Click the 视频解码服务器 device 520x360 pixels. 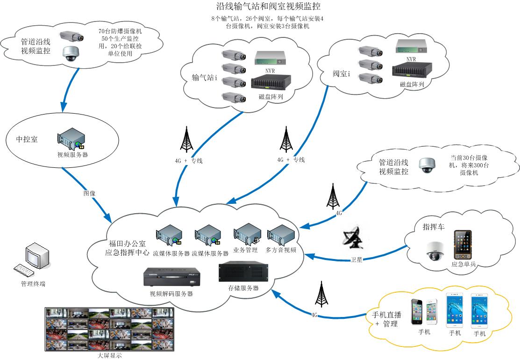[171, 279]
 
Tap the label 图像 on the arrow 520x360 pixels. [89, 193]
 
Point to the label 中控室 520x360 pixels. [28, 140]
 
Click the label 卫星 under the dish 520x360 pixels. [356, 260]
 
